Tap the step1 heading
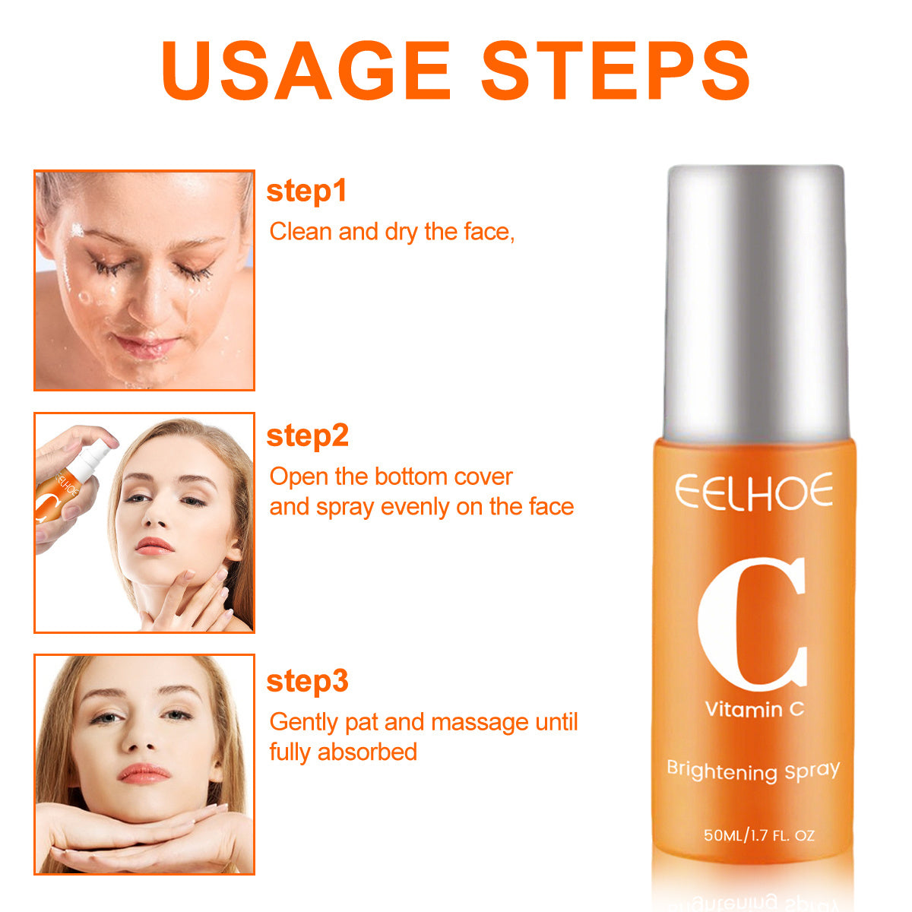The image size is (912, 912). pos(306,191)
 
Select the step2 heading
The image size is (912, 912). pos(307,436)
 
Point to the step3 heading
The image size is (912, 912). pos(307,682)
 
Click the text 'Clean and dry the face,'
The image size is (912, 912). pos(392,232)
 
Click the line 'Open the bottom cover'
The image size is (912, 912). pos(391,477)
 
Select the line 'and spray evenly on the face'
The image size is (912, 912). pos(422,507)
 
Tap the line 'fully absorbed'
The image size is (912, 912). pos(343,752)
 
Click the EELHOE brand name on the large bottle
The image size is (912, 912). pos(754,492)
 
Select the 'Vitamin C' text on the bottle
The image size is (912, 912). pos(754,710)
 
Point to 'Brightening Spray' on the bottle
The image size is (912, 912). pos(752,771)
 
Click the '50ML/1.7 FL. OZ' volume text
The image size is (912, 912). pos(758,835)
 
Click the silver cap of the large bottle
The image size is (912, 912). pos(755,304)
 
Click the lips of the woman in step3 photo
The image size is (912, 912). pos(144,774)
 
